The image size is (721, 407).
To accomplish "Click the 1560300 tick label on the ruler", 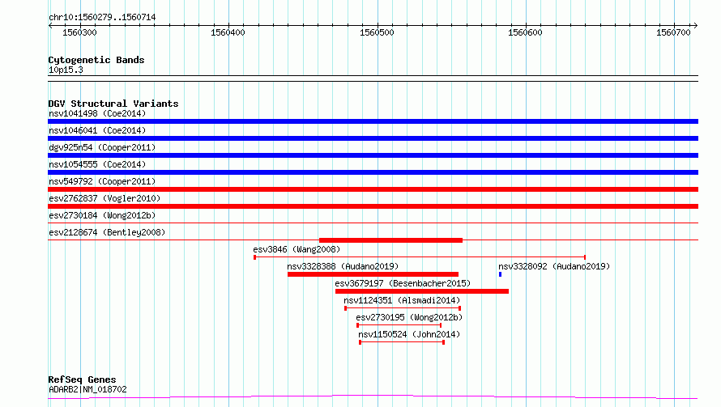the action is pos(79,32).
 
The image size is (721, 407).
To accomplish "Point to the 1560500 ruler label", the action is pos(377,32).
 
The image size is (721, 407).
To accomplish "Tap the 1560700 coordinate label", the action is pos(674,32).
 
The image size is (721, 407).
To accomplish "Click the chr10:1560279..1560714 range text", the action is pos(102,17).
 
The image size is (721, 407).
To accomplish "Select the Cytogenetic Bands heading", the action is pos(96,60).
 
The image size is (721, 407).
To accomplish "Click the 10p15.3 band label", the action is pos(66,70).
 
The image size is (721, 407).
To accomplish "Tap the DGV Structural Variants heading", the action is pos(113,104).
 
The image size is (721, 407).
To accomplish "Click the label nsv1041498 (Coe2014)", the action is pos(97,113).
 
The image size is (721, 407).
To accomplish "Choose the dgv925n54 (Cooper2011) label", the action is pos(102,147).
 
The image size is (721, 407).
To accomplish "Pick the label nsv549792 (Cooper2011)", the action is pos(102,181).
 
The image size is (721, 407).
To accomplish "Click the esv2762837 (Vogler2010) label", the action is pos(105,198).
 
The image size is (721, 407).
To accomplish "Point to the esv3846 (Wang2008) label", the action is pos(297,249).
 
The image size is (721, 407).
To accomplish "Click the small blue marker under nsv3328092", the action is pos(501,274).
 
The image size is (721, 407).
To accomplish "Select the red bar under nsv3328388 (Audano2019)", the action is pos(373,274).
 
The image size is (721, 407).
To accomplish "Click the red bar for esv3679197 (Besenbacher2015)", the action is pos(422,291).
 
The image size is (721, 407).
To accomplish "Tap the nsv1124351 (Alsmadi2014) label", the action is pos(402,300).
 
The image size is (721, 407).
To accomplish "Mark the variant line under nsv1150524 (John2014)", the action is pos(402,342).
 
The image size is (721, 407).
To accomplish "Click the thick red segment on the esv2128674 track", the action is pos(390,240).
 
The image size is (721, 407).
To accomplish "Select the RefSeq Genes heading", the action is pos(82,379).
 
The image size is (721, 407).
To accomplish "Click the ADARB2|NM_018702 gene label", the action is pos(87,389).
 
